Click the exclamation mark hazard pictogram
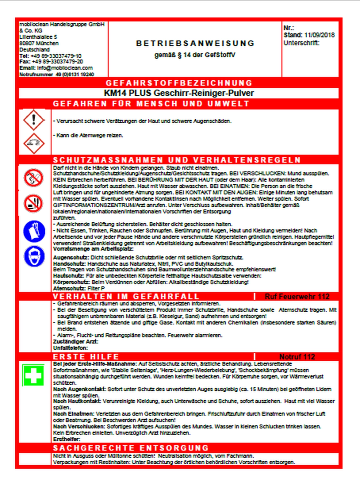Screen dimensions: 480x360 34,120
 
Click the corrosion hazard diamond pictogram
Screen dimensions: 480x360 34,143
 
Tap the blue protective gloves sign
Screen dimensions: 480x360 34,231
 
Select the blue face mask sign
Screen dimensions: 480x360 34,256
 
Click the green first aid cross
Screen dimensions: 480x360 34,375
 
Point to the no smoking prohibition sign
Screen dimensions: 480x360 34,204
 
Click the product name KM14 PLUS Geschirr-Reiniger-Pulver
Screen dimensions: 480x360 179,93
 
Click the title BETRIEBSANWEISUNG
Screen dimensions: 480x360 195,43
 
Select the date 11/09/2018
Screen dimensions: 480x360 319,35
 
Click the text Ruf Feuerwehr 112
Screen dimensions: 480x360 297,297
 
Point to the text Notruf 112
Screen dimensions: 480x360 297,357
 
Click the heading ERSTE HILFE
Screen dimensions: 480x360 86,357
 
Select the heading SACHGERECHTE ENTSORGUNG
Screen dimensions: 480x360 131,448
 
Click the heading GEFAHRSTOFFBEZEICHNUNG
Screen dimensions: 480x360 179,83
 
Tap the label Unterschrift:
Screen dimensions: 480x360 301,43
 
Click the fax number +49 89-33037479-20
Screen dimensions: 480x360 57,61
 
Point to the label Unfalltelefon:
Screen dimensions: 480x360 70,348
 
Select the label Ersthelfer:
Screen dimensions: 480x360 67,439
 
